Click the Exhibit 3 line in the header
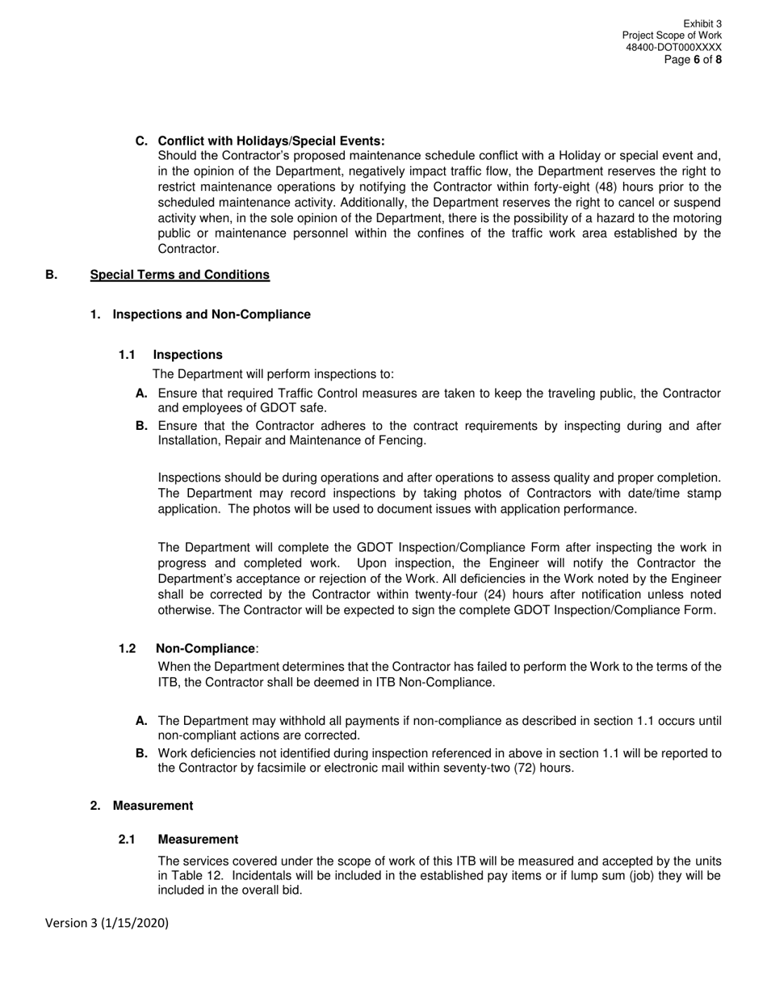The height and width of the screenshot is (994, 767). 702,24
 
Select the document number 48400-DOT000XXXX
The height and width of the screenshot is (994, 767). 673,48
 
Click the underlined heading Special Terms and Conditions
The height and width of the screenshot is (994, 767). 179,275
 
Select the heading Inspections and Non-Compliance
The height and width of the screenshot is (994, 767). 212,314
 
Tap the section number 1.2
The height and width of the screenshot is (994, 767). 127,649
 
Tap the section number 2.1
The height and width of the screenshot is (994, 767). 127,840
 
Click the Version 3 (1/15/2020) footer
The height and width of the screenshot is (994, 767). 107,923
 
